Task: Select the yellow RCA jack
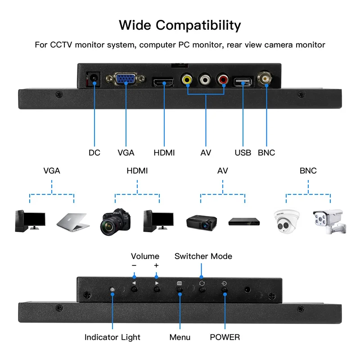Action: [187, 80]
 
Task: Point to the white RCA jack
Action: [205, 80]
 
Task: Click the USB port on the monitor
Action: [243, 81]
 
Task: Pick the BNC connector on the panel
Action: [265, 79]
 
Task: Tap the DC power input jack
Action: [94, 80]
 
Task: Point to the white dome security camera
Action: [287, 220]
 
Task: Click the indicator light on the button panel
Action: [112, 289]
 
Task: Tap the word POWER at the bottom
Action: [225, 337]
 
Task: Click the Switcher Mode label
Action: [203, 256]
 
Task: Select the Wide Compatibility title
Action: [180, 25]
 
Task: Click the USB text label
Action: [243, 153]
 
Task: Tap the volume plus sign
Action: [156, 265]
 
